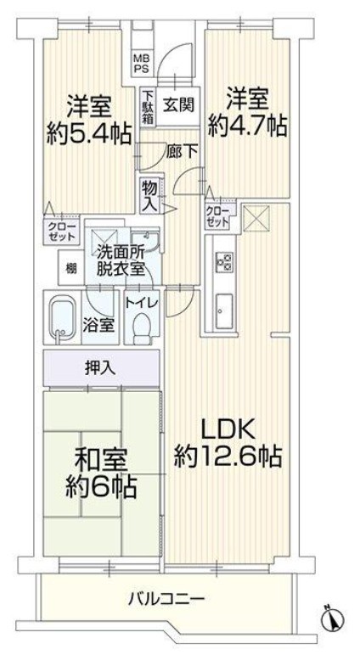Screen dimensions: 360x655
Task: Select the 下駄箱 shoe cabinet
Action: (x=147, y=106)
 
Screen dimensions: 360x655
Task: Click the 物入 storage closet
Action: (x=150, y=195)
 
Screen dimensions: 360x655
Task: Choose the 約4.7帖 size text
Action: (x=248, y=125)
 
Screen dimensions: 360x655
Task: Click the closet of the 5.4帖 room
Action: (x=61, y=231)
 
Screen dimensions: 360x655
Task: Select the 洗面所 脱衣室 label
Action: (x=121, y=261)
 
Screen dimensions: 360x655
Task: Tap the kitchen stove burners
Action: (x=224, y=262)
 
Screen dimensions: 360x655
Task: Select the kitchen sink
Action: (x=224, y=311)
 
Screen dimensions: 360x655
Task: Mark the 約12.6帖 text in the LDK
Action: (x=228, y=457)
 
